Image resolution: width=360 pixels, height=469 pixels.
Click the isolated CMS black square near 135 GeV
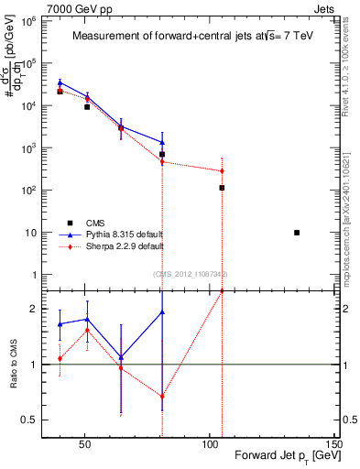tap(297, 233)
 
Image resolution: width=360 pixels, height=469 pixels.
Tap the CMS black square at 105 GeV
tap(222, 188)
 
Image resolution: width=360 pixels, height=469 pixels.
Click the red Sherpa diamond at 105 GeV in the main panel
tap(222, 171)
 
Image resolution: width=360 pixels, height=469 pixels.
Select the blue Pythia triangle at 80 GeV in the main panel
tap(162, 142)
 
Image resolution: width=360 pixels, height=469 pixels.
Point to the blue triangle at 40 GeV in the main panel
tap(60, 83)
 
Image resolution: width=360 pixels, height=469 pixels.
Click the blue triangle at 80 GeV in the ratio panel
tap(162, 312)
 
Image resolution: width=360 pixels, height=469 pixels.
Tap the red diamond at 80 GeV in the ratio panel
tap(162, 397)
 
